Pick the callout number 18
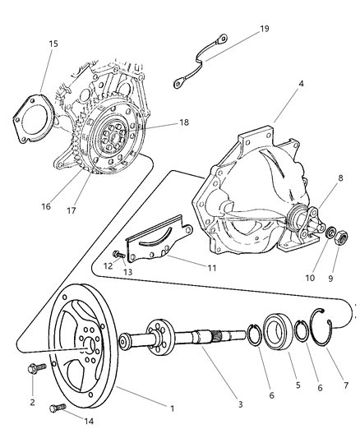click(x=183, y=122)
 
